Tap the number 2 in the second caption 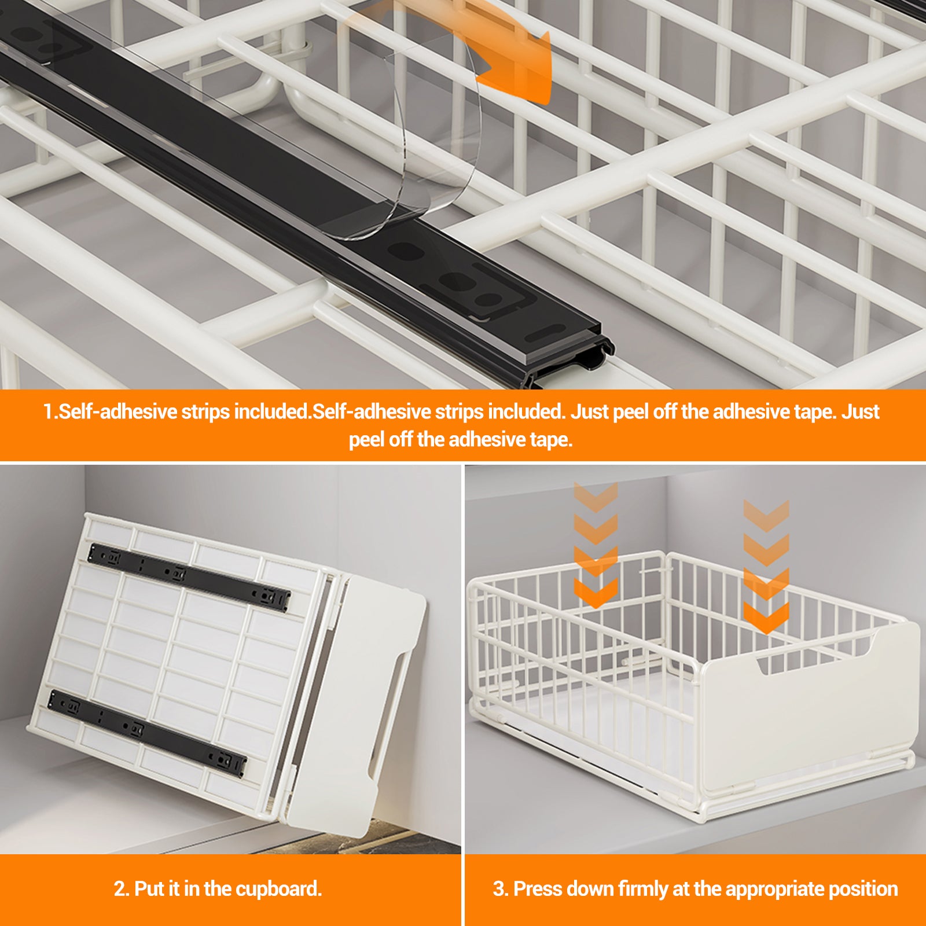point(120,888)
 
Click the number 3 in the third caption point(499,888)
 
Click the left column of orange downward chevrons point(596,544)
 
